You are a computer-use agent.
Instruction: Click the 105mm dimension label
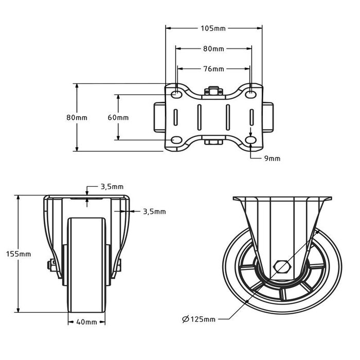pos(213,28)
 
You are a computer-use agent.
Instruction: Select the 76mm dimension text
pos(213,69)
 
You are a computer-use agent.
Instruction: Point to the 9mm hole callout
pos(273,158)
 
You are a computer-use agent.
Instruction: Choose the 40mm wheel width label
pos(87,322)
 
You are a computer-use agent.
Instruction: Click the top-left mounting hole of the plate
pos(176,95)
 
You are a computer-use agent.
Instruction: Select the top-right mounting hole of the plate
pos(251,95)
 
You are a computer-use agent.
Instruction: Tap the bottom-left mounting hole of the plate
pos(176,140)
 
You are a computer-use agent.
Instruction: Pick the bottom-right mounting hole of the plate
pos(251,140)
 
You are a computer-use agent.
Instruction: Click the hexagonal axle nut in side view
pos(282,267)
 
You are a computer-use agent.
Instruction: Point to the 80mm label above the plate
pos(213,49)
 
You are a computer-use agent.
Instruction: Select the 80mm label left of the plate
pos(77,117)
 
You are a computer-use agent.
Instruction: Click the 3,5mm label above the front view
pos(112,187)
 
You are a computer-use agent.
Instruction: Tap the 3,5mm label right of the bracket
pos(154,211)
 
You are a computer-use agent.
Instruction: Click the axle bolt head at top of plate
pos(212,92)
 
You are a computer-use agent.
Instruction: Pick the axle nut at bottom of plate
pos(212,141)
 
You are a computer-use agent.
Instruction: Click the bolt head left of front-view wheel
pos(50,265)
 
